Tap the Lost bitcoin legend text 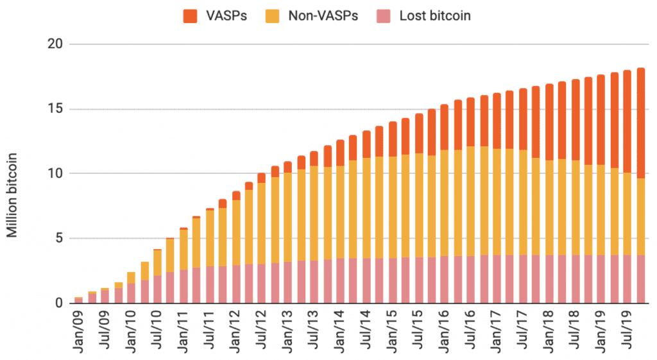point(434,15)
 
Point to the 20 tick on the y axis point(55,44)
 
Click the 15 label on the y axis point(55,109)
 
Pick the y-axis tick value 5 point(58,238)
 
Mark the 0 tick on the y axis point(58,303)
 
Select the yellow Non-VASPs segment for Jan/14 point(340,212)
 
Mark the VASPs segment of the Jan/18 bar point(549,122)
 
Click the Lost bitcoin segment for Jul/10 point(157,289)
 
